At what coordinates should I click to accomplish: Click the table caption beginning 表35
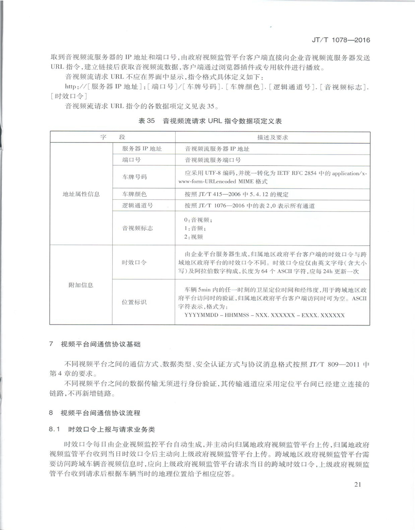pos(210,121)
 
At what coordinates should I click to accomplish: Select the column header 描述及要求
pos(272,137)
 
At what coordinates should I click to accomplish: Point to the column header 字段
pos(113,137)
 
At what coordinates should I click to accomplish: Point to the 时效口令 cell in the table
pos(134,262)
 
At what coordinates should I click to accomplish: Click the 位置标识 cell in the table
pos(134,303)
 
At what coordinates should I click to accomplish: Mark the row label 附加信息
pos(81,285)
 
